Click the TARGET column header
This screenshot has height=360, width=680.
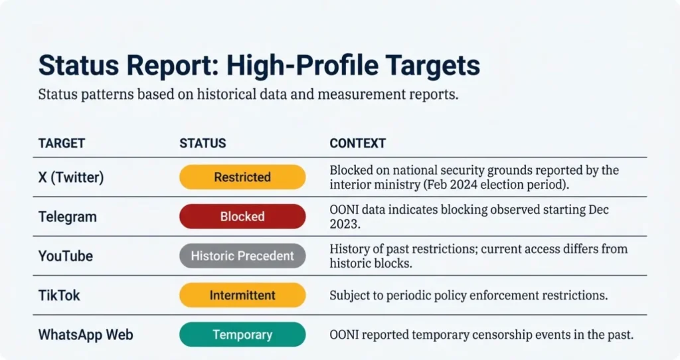tap(62, 143)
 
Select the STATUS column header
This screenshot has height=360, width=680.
tap(203, 143)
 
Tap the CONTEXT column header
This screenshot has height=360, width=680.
tap(358, 143)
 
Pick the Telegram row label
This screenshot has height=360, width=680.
tap(67, 217)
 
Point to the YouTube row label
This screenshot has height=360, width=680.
tap(65, 256)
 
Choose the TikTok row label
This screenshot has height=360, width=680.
tap(60, 295)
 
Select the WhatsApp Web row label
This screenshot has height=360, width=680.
tap(85, 334)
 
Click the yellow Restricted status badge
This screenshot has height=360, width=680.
tap(242, 177)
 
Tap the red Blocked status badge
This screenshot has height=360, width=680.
tap(242, 217)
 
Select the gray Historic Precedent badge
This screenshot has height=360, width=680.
tap(242, 256)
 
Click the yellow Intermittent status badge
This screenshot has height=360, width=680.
tap(242, 295)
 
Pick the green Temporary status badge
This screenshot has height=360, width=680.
tap(242, 334)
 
